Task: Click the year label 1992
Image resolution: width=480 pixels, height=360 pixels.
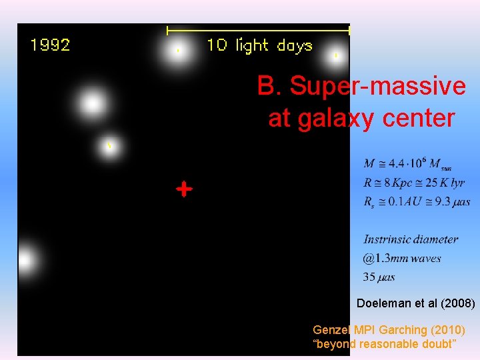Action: [x=50, y=45]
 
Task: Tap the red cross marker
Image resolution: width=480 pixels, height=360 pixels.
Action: [x=184, y=189]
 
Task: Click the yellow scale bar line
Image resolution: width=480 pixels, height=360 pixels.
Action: [x=258, y=30]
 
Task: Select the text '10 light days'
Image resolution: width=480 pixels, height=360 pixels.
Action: [x=259, y=45]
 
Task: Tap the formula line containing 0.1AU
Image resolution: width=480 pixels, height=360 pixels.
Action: [x=417, y=201]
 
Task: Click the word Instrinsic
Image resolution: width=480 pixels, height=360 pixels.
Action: [x=387, y=239]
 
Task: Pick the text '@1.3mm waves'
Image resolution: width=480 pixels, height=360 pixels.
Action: [x=402, y=258]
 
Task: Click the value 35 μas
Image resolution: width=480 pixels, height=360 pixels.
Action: [x=379, y=277]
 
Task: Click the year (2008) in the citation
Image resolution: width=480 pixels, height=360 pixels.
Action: [x=457, y=303]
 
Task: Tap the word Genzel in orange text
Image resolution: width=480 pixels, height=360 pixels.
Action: [x=329, y=329]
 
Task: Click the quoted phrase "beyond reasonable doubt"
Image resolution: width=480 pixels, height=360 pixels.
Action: [x=385, y=343]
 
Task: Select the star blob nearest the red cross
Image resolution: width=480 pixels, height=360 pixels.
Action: [x=109, y=146]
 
